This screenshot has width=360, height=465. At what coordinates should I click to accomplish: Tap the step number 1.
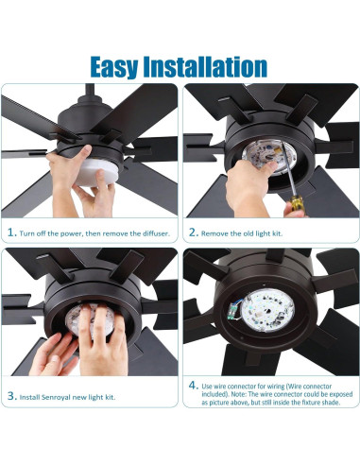[x=11, y=231]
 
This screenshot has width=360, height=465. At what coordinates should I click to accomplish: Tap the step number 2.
[x=192, y=231]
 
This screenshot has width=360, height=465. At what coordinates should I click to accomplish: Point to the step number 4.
[x=192, y=386]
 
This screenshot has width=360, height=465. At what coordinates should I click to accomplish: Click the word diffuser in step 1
[x=147, y=231]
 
